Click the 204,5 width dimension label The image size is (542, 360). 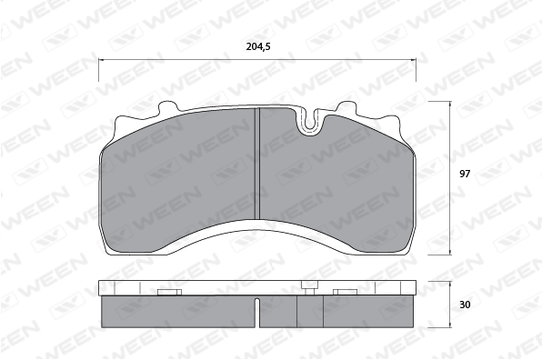point(258,46)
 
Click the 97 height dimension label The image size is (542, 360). point(465,174)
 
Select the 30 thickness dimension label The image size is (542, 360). point(465,305)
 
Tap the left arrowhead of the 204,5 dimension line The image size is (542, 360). point(101,60)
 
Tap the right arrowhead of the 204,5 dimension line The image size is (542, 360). point(414,61)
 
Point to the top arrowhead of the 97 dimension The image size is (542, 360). point(450,104)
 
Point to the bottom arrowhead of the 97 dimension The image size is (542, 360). point(450,252)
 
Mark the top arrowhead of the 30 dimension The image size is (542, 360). point(450,284)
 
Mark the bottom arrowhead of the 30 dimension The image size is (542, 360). point(450,325)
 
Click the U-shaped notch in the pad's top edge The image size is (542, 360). point(310,123)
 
